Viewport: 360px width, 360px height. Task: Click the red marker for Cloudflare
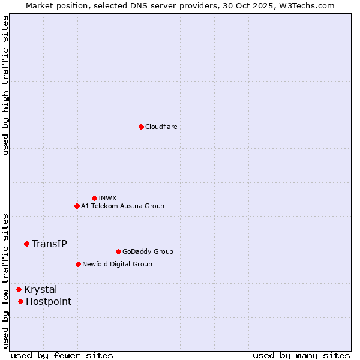pos(141,127)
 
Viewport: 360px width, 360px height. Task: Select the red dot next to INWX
pos(94,198)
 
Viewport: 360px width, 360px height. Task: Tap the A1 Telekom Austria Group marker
pos(77,206)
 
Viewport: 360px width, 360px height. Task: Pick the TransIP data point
pos(26,244)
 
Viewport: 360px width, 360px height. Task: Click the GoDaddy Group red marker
pos(118,251)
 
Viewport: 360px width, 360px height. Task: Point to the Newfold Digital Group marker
pos(78,264)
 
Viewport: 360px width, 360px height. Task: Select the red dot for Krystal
pos(19,289)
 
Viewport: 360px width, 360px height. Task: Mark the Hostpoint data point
pos(20,301)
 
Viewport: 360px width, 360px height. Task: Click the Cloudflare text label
pos(161,127)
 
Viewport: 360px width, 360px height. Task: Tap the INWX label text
pos(107,198)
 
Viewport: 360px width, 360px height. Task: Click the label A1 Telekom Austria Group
pos(122,206)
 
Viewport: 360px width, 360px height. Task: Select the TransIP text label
pos(49,244)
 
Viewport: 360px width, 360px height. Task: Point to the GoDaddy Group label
pos(148,251)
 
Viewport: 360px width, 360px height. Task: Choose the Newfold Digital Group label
pos(117,264)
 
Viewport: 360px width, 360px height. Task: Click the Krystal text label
pos(41,289)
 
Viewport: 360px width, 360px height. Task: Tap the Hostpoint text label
pos(49,301)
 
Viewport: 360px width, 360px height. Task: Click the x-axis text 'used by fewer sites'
pos(62,355)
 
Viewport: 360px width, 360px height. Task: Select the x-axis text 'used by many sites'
pos(301,355)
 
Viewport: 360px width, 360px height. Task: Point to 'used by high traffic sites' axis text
pos(5,85)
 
